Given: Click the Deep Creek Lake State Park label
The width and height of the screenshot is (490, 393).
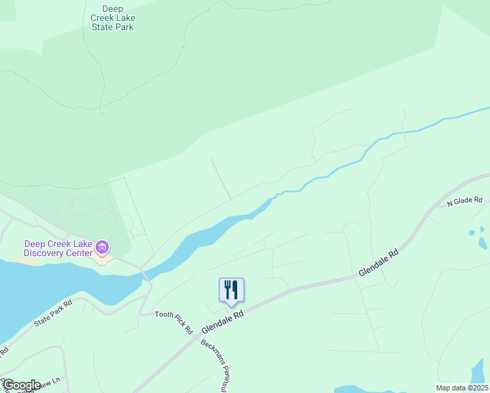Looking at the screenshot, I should click(117, 18).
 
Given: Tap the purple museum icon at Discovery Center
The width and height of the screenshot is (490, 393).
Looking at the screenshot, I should click(102, 248).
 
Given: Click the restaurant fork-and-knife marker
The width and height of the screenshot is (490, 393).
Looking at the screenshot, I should click(231, 289).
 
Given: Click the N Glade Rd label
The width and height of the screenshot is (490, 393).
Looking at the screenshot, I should click(464, 202).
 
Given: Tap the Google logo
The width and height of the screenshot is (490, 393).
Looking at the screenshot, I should click(21, 385).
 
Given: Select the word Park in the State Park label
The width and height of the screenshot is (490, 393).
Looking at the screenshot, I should click(124, 28).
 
